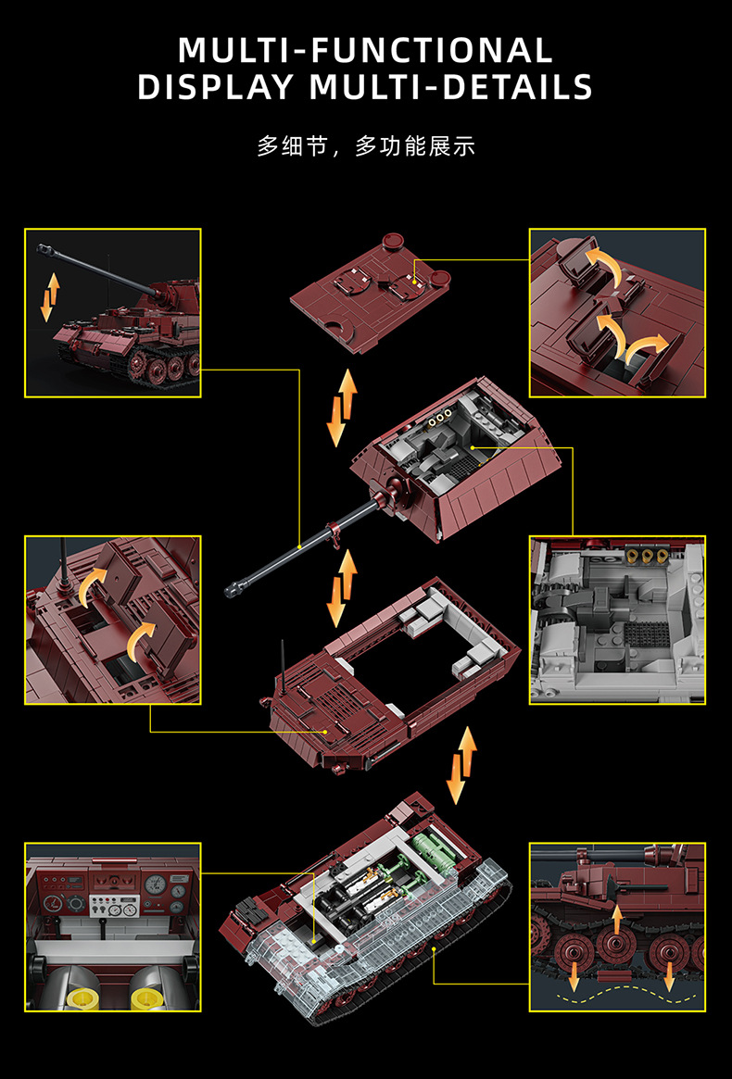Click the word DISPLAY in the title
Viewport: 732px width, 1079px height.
click(x=215, y=87)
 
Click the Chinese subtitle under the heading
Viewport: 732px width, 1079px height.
click(x=366, y=146)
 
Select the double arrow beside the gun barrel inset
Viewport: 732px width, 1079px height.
click(x=49, y=296)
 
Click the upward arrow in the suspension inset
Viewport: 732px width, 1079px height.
click(x=617, y=920)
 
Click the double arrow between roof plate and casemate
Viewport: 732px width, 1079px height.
click(x=342, y=408)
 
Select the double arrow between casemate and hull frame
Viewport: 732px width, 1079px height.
click(x=342, y=588)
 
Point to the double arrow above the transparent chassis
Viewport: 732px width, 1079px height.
click(x=462, y=765)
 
